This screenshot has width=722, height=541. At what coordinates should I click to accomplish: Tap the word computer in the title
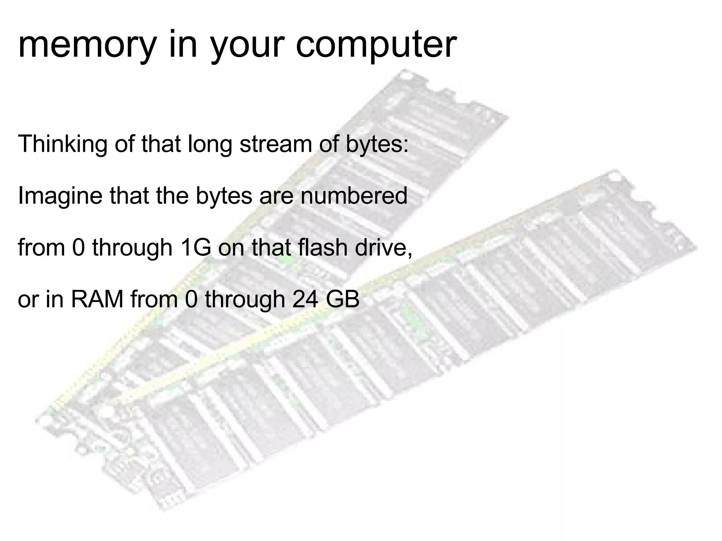[x=376, y=45]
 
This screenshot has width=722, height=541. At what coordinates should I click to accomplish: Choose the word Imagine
[x=60, y=196]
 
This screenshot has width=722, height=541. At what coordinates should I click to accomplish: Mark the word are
[x=276, y=196]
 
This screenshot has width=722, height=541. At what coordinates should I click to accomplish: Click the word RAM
[x=97, y=299]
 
